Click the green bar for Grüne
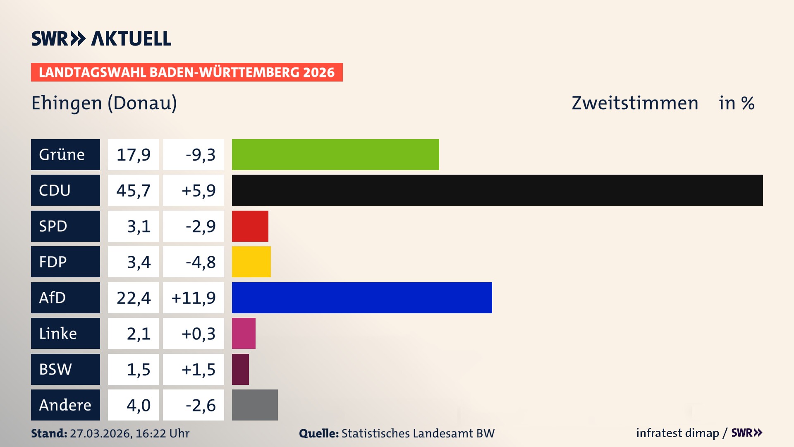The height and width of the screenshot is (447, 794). click(335, 154)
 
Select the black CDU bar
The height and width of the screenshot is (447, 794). click(497, 190)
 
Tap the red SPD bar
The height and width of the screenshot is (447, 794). click(250, 226)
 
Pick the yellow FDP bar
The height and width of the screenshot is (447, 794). click(251, 262)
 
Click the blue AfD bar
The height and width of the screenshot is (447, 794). click(362, 298)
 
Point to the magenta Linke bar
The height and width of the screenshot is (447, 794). click(244, 333)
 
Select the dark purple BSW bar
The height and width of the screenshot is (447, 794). click(240, 369)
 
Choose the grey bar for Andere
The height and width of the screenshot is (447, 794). click(255, 405)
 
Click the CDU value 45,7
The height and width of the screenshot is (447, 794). click(133, 190)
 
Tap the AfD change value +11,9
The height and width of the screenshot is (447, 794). click(194, 298)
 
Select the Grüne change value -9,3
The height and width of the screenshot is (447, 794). click(200, 155)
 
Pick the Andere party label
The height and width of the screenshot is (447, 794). click(65, 405)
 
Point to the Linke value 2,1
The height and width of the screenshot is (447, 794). click(138, 334)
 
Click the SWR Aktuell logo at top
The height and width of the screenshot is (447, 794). click(101, 38)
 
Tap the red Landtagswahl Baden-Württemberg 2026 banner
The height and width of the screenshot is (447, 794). click(187, 72)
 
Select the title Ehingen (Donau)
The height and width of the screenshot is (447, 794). click(104, 103)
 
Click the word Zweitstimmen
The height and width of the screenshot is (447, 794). click(635, 103)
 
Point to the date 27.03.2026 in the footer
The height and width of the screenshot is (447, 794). click(100, 433)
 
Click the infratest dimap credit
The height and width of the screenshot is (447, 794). click(677, 433)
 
